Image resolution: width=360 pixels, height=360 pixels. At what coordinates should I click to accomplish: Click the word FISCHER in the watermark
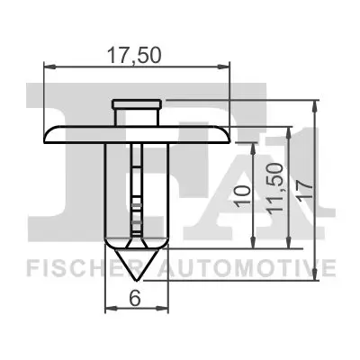coord(76,267)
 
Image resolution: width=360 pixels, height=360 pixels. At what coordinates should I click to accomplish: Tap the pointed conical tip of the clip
coord(136,275)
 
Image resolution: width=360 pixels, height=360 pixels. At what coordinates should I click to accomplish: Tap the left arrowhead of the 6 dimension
coord(109,309)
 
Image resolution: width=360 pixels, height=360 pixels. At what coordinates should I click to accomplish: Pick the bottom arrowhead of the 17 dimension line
coord(314,278)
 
